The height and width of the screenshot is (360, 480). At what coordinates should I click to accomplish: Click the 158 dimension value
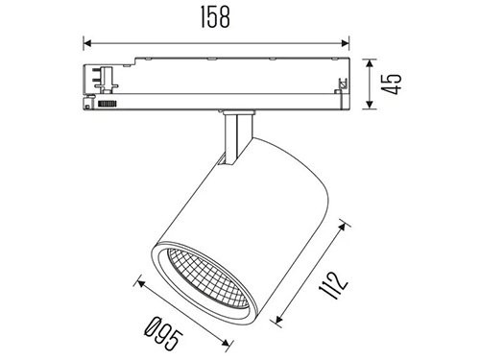click(215, 17)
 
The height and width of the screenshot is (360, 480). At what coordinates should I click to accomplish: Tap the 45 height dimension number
click(391, 84)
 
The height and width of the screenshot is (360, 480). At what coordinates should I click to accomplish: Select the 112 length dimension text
click(333, 286)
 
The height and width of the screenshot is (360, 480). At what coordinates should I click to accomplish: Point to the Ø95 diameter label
click(164, 333)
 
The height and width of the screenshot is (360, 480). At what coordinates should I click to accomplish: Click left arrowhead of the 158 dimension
click(87, 43)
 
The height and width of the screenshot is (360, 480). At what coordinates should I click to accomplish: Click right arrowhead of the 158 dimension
click(345, 43)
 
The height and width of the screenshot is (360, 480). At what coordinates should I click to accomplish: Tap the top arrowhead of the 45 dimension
click(370, 63)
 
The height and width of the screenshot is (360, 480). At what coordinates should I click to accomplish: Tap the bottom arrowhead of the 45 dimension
click(370, 105)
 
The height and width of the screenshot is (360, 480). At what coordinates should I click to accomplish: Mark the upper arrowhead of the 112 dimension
click(343, 227)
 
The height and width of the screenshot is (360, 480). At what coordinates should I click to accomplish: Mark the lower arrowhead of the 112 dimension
click(278, 319)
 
